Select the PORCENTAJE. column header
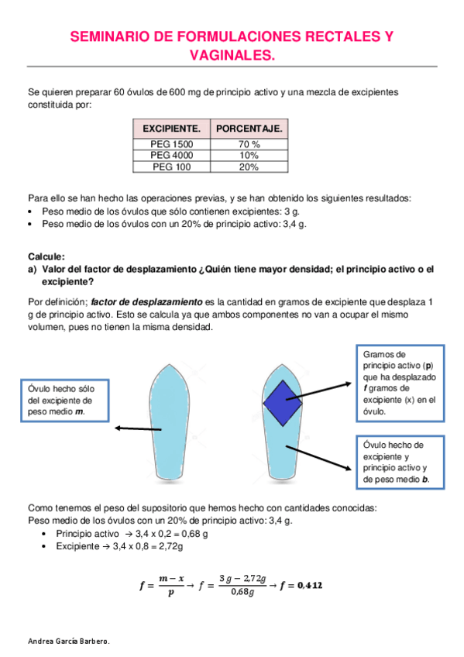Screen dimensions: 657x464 [x=249, y=128]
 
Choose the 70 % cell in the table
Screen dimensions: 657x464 [x=249, y=144]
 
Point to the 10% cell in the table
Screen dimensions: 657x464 [x=249, y=155]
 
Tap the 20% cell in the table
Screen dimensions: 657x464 [x=249, y=166]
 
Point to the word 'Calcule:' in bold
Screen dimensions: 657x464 [x=46, y=256]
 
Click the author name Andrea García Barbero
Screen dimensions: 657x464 [x=68, y=642]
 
